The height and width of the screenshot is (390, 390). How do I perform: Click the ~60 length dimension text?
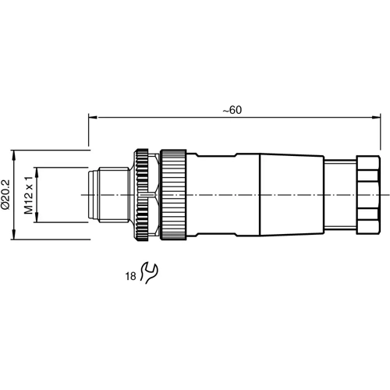click(232, 111)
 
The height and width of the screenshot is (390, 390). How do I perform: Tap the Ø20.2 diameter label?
click(6, 193)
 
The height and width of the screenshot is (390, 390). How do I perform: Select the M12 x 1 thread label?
click(28, 194)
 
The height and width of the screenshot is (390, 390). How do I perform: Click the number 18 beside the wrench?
click(129, 275)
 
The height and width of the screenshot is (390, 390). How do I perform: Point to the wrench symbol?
click(147, 272)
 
